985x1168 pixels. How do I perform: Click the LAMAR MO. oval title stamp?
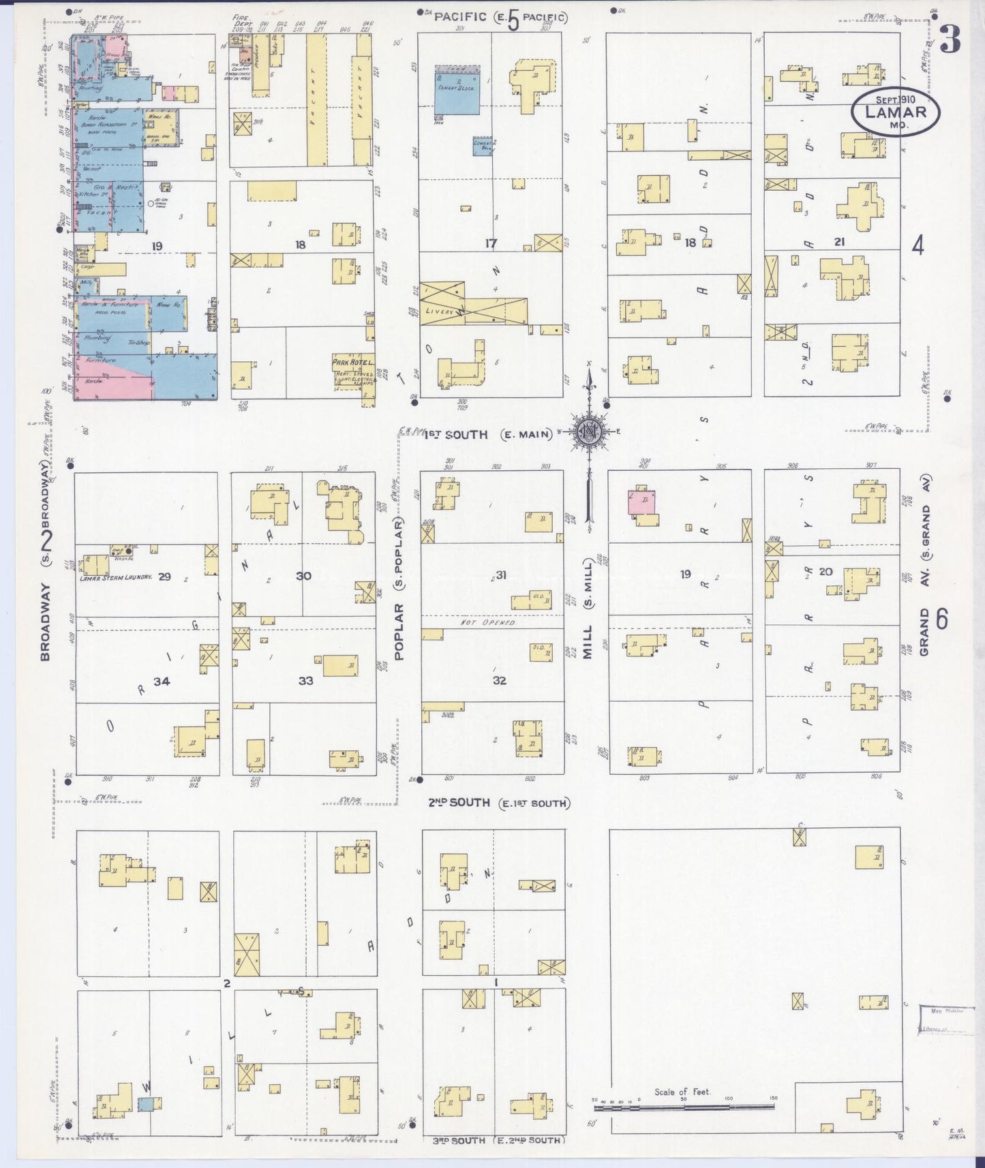[x=895, y=112]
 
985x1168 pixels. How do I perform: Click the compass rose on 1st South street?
[x=590, y=431]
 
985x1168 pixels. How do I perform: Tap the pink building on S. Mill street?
[x=641, y=502]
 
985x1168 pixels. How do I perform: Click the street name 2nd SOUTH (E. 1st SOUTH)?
[x=499, y=803]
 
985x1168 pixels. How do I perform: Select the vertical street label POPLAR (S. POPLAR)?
[x=399, y=589]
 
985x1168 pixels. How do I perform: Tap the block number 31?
[x=501, y=575]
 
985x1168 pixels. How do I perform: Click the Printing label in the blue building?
[x=90, y=88]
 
